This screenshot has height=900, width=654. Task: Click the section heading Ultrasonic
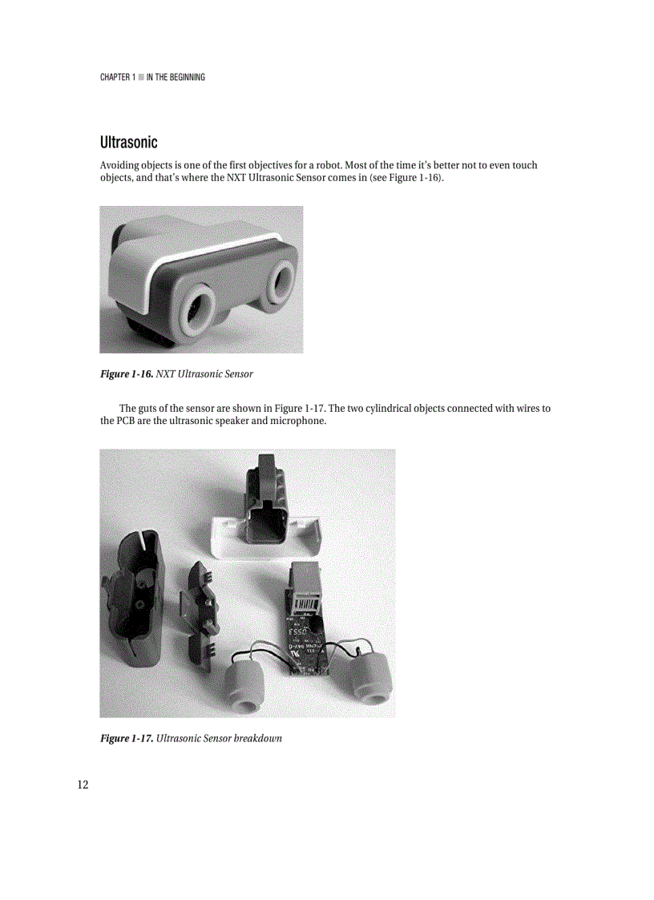128,143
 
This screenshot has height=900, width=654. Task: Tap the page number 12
83,785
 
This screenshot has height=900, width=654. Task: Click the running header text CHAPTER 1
117,77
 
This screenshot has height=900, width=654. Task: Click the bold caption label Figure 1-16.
126,373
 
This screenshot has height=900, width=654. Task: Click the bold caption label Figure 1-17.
126,737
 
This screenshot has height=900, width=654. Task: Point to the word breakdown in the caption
256,737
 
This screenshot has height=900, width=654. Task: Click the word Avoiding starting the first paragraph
119,165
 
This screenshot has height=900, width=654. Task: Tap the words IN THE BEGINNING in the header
176,77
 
